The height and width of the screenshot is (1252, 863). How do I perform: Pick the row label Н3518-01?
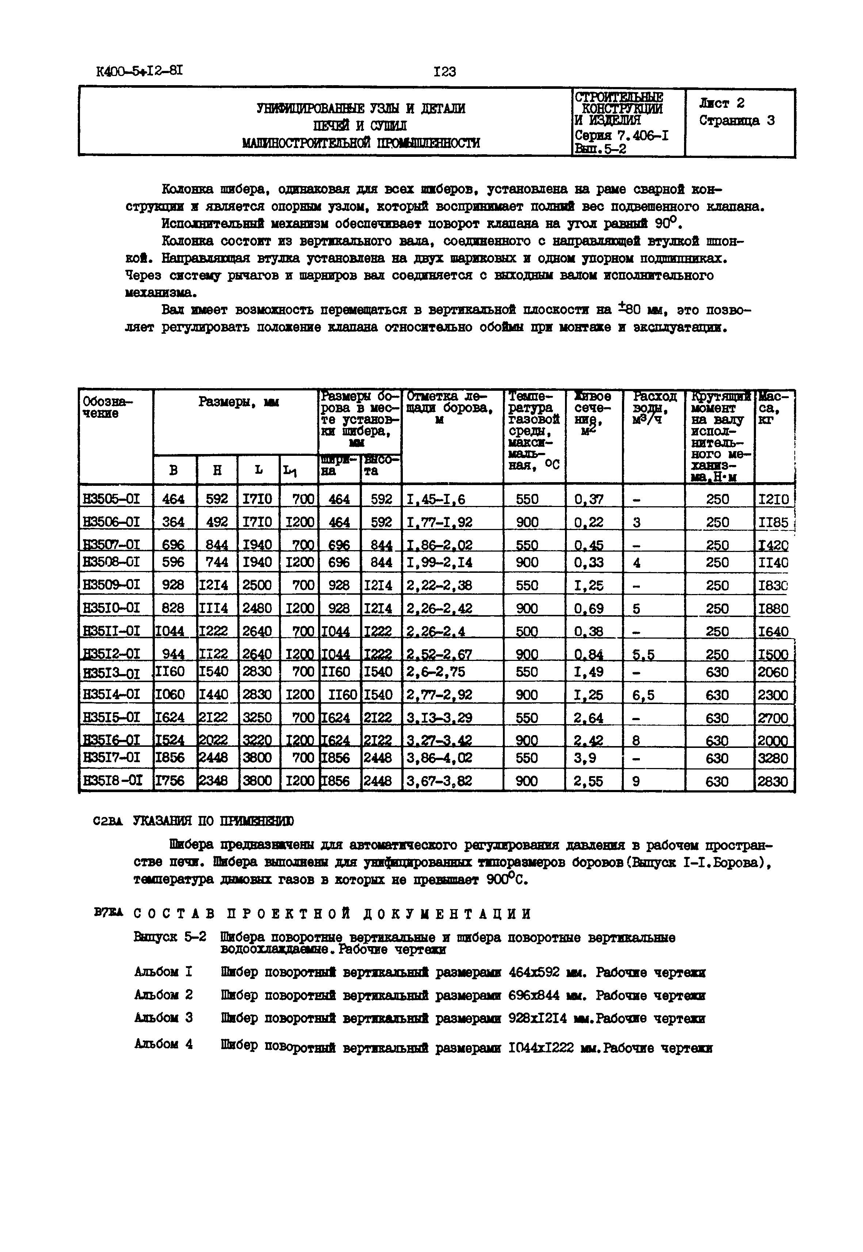pyautogui.click(x=111, y=781)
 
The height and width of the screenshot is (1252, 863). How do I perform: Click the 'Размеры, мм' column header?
pyautogui.click(x=238, y=402)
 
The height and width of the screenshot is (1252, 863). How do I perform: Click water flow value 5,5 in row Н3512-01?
pyautogui.click(x=644, y=655)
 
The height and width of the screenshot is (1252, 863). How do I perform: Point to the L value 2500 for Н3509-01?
pyautogui.click(x=257, y=585)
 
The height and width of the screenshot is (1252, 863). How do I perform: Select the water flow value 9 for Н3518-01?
pyautogui.click(x=637, y=781)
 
